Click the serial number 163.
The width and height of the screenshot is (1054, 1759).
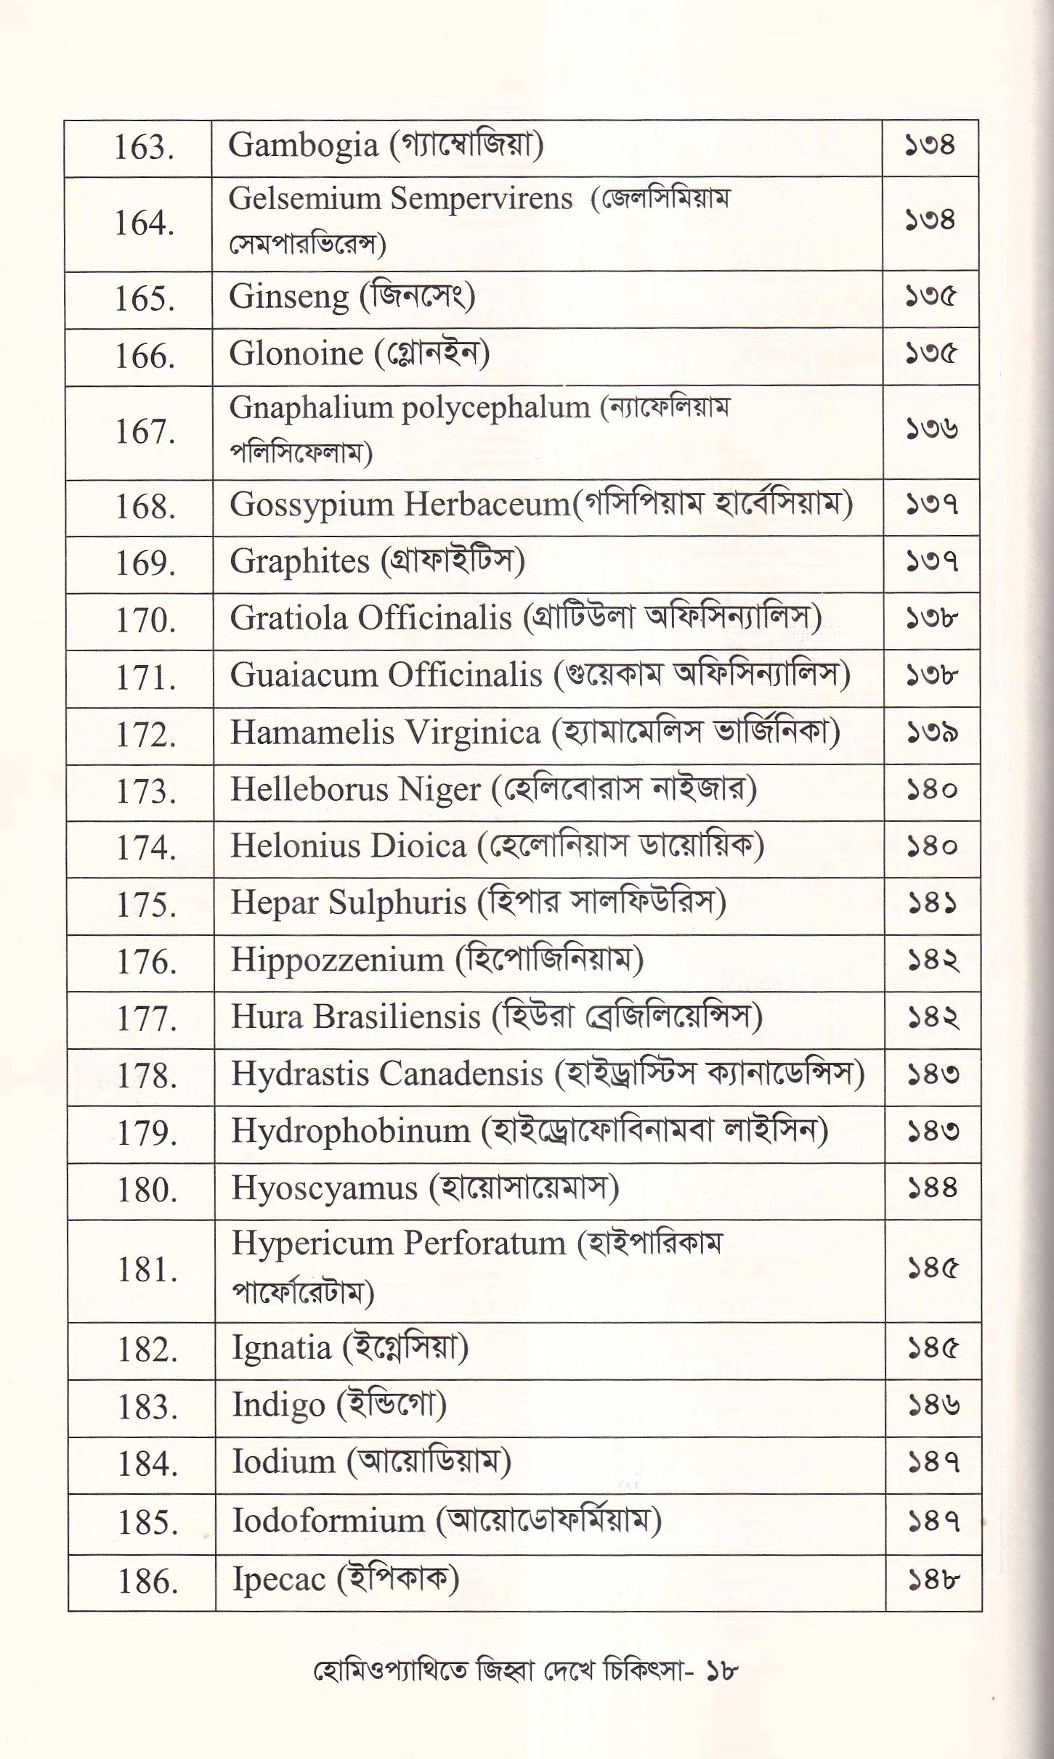pos(143,148)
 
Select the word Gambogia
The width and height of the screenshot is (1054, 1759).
pos(303,147)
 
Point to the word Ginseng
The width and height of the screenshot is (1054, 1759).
pos(289,298)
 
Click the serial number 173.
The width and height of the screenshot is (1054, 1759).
pos(145,791)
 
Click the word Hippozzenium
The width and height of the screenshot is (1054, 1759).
pos(337,960)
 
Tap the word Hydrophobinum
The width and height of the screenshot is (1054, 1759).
pos(351,1131)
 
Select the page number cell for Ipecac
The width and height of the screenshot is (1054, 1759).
pos(933,1580)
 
